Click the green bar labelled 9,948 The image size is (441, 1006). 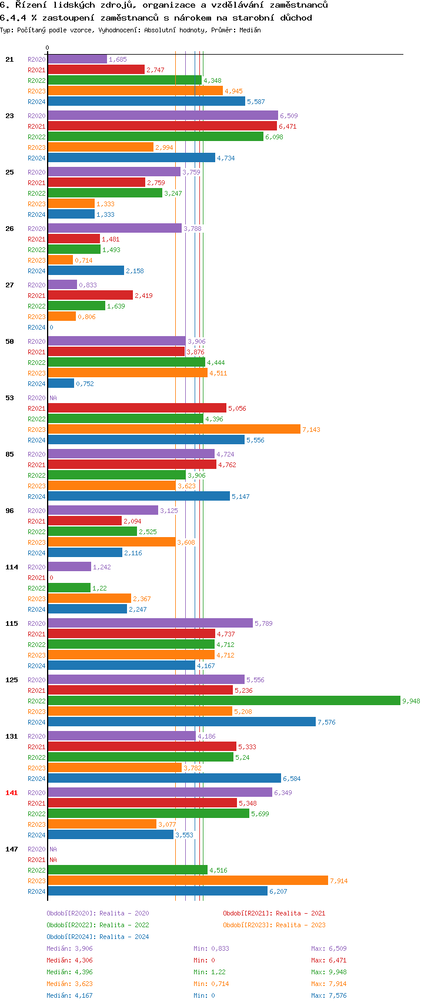click(x=223, y=700)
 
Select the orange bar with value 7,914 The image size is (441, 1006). click(x=188, y=880)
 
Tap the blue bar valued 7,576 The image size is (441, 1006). click(x=182, y=722)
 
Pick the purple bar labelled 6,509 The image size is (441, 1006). click(x=163, y=115)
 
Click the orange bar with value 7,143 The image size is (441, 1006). click(x=174, y=429)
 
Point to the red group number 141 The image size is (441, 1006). click(x=12, y=793)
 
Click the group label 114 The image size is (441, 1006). click(x=12, y=567)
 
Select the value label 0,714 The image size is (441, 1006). click(x=83, y=260)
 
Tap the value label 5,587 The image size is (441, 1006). click(x=256, y=102)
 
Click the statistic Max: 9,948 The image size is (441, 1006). click(x=329, y=972)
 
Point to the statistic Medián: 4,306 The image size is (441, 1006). click(x=69, y=960)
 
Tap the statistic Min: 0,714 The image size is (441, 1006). click(x=211, y=984)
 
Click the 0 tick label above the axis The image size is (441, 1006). click(x=48, y=48)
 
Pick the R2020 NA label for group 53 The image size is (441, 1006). click(x=53, y=398)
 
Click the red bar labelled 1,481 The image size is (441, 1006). click(x=73, y=239)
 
